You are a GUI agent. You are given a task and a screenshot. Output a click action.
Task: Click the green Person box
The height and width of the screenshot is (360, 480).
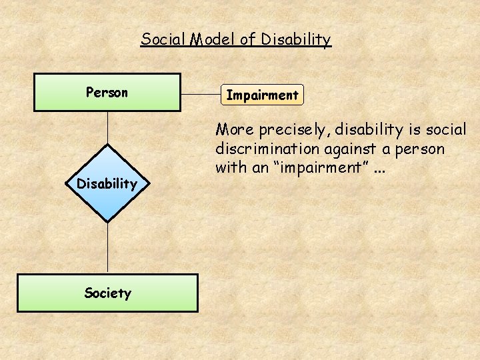tap(107, 92)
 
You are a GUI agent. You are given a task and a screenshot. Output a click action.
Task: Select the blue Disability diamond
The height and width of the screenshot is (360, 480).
tap(107, 183)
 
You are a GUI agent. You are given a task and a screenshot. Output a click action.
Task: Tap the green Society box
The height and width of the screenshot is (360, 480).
tap(107, 293)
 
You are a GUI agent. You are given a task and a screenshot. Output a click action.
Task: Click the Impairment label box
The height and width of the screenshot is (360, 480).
tap(262, 95)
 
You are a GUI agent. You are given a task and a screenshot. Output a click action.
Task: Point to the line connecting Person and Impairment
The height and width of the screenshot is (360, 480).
tap(200, 94)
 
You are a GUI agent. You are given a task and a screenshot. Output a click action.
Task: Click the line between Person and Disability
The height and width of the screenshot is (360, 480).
tap(107, 127)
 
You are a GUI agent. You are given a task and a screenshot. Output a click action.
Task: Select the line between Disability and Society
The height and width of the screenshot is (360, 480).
tap(107, 247)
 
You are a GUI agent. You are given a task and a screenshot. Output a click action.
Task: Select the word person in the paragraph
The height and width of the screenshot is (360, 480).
tap(423, 148)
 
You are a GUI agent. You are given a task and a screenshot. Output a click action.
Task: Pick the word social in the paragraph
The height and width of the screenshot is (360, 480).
tap(446, 129)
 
